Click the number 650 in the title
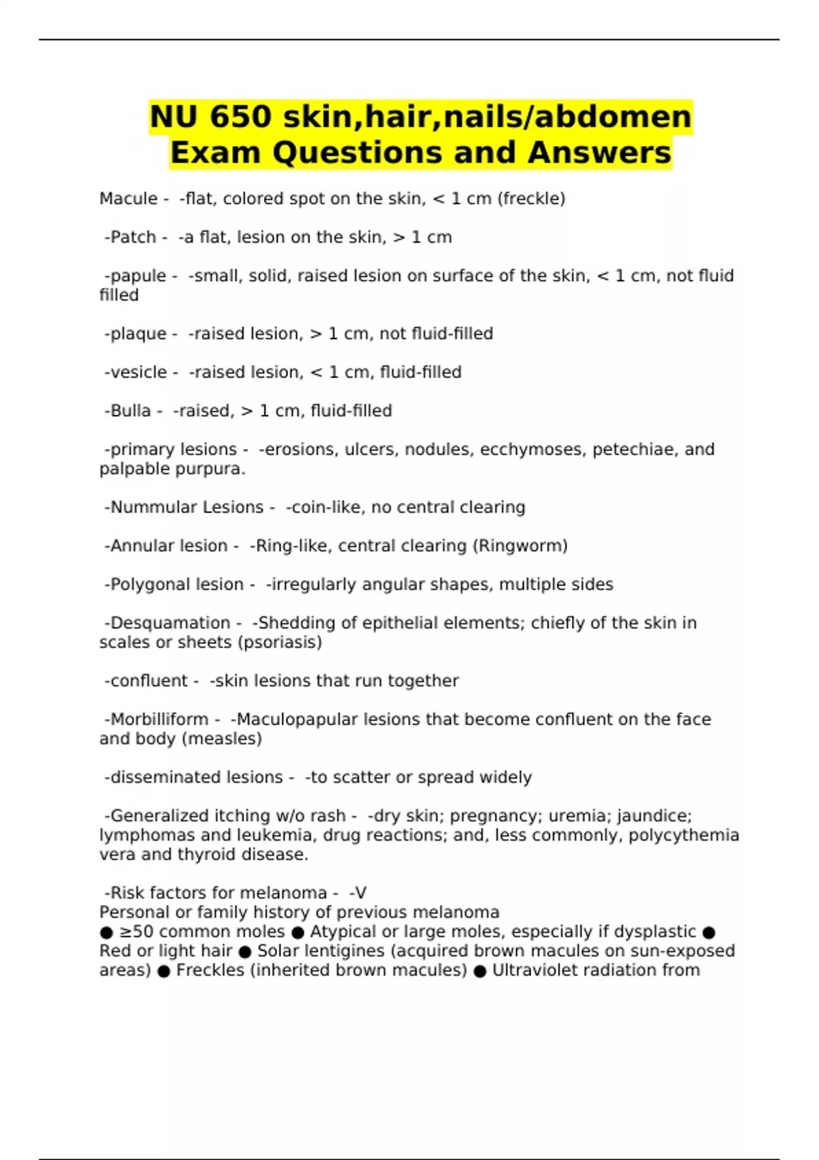click(240, 117)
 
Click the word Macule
click(128, 199)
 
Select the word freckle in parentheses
click(531, 199)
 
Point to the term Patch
click(133, 237)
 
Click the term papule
click(138, 276)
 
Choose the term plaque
click(138, 334)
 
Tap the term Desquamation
click(170, 623)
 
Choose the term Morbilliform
click(159, 720)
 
